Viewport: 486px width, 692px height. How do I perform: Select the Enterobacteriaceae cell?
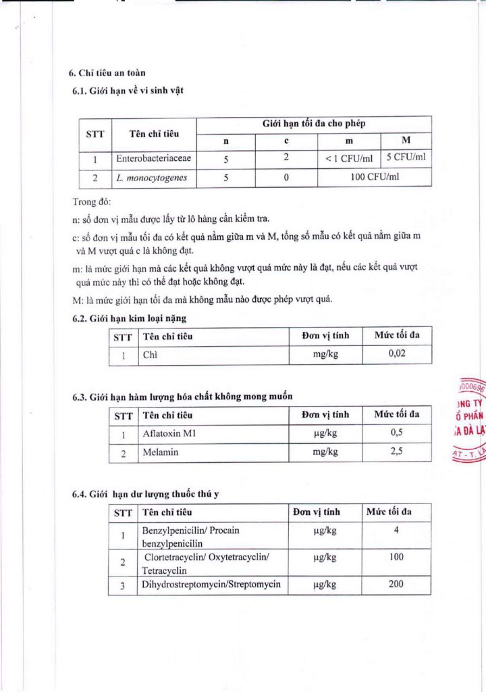click(153, 159)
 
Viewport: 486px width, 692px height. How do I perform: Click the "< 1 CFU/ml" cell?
click(348, 159)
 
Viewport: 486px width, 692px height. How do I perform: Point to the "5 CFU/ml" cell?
click(406, 158)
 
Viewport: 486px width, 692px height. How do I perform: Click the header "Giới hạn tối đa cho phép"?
click(314, 124)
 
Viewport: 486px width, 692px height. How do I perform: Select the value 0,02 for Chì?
click(397, 354)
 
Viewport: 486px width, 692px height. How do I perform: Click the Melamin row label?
click(160, 452)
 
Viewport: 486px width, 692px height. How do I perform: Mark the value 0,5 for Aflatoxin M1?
click(397, 433)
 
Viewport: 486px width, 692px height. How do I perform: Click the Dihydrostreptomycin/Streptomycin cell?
click(211, 585)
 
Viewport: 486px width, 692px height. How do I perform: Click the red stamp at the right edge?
click(470, 420)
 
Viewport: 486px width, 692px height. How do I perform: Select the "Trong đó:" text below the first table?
click(90, 202)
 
